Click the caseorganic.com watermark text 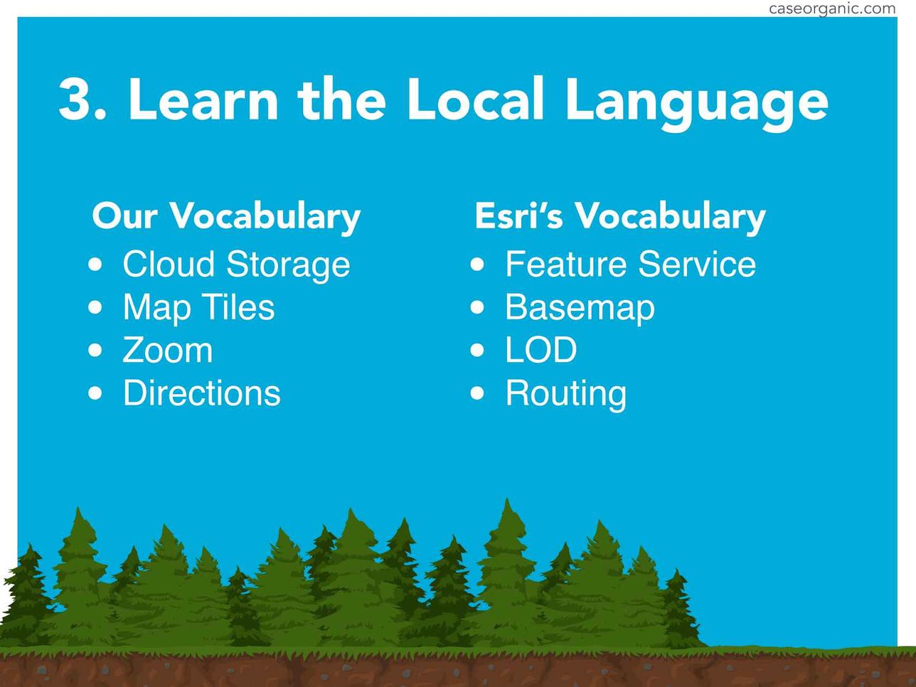tap(831, 9)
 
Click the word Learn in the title tap(203, 100)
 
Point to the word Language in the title tap(696, 103)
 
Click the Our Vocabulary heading tap(226, 217)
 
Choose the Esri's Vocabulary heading tap(620, 217)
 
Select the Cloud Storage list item tap(236, 265)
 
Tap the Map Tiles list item tap(198, 307)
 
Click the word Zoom tap(168, 351)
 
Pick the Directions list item tap(201, 393)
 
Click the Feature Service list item tap(631, 264)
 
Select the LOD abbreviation tap(540, 350)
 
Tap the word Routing tap(566, 395)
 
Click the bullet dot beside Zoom tap(95, 351)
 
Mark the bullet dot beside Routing tap(477, 393)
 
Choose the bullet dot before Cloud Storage tap(95, 265)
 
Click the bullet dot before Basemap tap(477, 307)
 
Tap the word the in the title tap(342, 100)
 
